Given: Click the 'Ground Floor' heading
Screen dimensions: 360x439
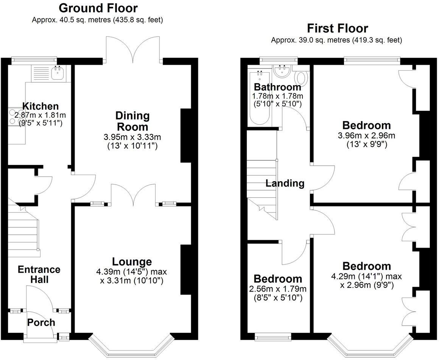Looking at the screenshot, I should pos(98,8).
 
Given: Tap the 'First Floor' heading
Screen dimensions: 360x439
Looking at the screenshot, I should pos(337,28).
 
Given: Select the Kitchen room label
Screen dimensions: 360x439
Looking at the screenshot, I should pos(40,106).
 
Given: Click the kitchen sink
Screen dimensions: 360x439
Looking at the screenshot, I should pos(58,74).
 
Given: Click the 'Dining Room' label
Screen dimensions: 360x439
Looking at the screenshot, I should pos(132,121).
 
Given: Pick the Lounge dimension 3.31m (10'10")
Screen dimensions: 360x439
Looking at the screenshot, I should pos(131,281).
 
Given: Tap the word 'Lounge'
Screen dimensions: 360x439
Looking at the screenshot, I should pos(132,262).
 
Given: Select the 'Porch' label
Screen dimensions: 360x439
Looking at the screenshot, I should pos(41,323).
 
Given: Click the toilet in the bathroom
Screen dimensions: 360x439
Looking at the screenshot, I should pos(302,78).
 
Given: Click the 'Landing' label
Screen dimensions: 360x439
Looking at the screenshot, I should pos(285,183).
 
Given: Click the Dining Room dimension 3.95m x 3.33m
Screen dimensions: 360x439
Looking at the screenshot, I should pos(132,137).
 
